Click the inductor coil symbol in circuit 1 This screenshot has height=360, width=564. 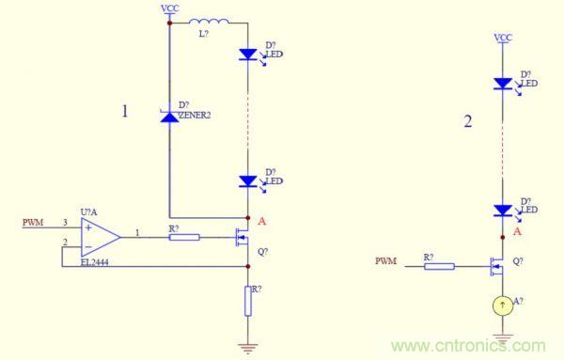[209, 22]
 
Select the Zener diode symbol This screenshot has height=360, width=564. [169, 117]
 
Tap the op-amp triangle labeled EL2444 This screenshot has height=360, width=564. [101, 237]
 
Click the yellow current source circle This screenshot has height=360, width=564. [503, 305]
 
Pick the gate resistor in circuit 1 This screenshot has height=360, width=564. [184, 237]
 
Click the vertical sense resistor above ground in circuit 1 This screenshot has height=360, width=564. [248, 301]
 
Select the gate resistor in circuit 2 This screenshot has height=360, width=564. [439, 267]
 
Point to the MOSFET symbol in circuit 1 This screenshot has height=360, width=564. [243, 237]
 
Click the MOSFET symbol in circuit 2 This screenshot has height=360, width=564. [496, 267]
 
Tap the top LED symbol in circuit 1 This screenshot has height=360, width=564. [249, 55]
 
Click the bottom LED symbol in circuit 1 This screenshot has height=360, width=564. [249, 181]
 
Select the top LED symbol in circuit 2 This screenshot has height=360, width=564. [504, 84]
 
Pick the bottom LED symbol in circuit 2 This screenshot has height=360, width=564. [504, 211]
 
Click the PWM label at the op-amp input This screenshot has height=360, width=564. [33, 223]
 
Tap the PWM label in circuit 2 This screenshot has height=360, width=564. [386, 261]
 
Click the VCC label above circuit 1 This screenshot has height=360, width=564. [170, 8]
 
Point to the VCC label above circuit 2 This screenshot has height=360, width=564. [503, 38]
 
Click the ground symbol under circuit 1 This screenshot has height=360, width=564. [248, 349]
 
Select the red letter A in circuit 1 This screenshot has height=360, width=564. [262, 222]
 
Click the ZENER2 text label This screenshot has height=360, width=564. [195, 116]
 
